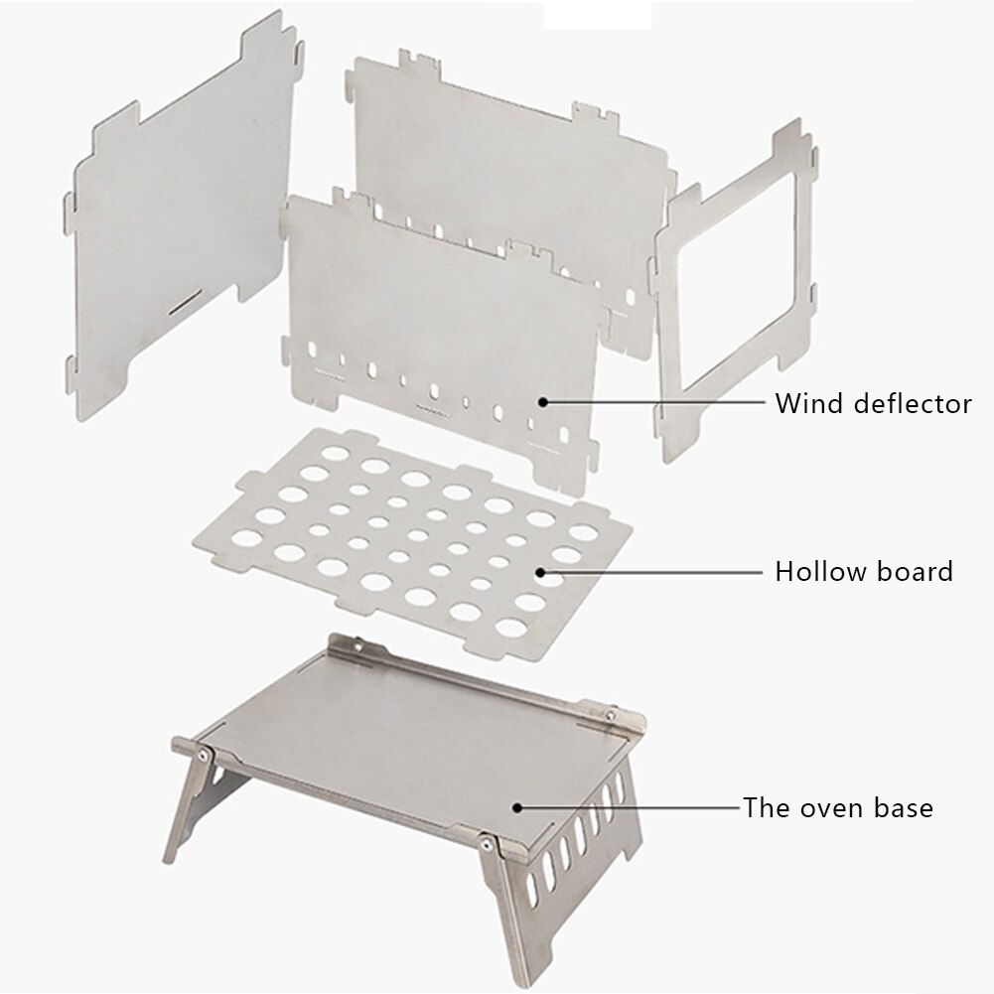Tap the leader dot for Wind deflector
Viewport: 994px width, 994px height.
(x=543, y=402)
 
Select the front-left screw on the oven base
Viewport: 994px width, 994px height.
(x=204, y=754)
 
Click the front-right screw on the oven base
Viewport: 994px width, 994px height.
(x=486, y=843)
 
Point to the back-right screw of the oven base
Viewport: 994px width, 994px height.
(x=611, y=711)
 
